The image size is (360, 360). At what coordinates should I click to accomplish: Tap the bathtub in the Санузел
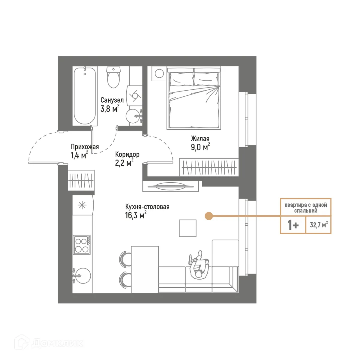(85, 95)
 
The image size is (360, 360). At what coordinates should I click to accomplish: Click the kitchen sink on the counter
(82, 274)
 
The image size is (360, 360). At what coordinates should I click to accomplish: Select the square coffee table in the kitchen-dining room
(188, 228)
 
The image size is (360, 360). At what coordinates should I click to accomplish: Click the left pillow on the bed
(181, 79)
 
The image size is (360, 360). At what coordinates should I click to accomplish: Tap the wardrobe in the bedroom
(209, 167)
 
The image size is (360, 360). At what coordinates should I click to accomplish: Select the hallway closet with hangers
(81, 180)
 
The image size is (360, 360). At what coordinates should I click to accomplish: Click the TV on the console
(170, 186)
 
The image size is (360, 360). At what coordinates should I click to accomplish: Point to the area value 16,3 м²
(136, 215)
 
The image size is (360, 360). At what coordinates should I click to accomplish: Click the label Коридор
(127, 154)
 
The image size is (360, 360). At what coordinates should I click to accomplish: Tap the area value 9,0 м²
(200, 147)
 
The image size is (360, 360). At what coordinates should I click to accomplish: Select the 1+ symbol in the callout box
(293, 225)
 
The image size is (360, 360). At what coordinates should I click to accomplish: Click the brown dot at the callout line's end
(208, 216)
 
